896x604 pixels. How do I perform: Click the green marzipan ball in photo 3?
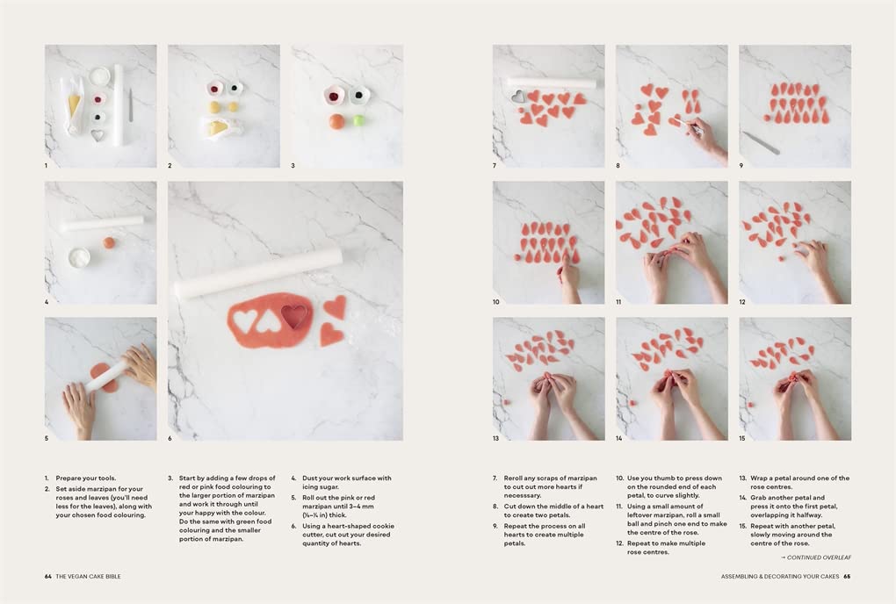pos(359,121)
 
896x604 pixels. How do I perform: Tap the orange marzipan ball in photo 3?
pos(336,121)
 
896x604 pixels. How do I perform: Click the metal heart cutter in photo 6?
pos(295,316)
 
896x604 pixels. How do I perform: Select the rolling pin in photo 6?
pos(258,273)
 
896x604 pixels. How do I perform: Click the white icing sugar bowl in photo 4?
pos(79,257)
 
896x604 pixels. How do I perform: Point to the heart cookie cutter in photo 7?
pos(517,96)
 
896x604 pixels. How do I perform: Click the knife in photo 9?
pos(761,143)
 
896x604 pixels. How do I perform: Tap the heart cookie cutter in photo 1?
pos(98,135)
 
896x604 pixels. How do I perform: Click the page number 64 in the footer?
pos(48,577)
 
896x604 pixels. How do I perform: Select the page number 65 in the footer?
pos(847,577)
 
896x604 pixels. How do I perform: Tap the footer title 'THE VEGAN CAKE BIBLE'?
pos(88,577)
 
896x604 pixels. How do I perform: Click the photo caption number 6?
pos(170,438)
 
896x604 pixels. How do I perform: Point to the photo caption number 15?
pos(741,438)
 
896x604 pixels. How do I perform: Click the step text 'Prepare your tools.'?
pos(86,478)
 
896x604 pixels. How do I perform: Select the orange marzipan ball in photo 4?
pos(109,243)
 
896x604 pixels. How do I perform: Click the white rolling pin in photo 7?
pos(552,83)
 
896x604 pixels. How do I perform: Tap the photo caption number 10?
pos(496,302)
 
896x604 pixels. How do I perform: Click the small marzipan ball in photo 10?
pos(517,257)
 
